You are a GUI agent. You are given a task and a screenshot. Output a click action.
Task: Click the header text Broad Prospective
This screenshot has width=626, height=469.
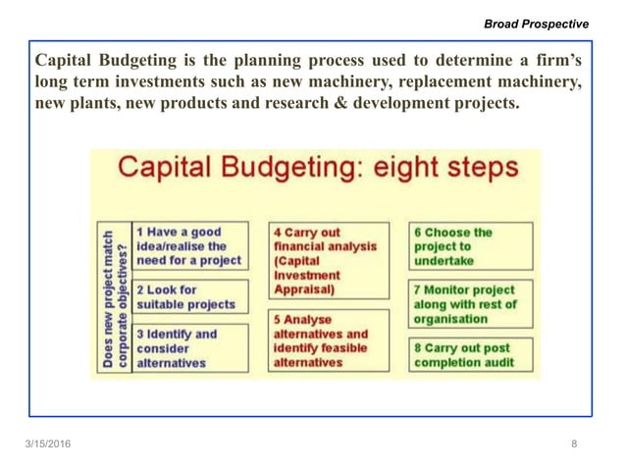click(538, 24)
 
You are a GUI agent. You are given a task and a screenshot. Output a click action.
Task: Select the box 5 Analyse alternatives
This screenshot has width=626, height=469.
click(319, 340)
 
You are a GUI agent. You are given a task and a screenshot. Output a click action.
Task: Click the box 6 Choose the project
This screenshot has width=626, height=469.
click(471, 246)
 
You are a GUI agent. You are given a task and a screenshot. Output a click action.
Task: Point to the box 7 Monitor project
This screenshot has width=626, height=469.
click(471, 304)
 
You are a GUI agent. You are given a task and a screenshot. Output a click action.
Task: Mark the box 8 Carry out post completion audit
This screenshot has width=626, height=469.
click(471, 354)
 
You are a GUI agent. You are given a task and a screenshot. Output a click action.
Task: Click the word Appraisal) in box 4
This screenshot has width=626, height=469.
click(304, 290)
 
